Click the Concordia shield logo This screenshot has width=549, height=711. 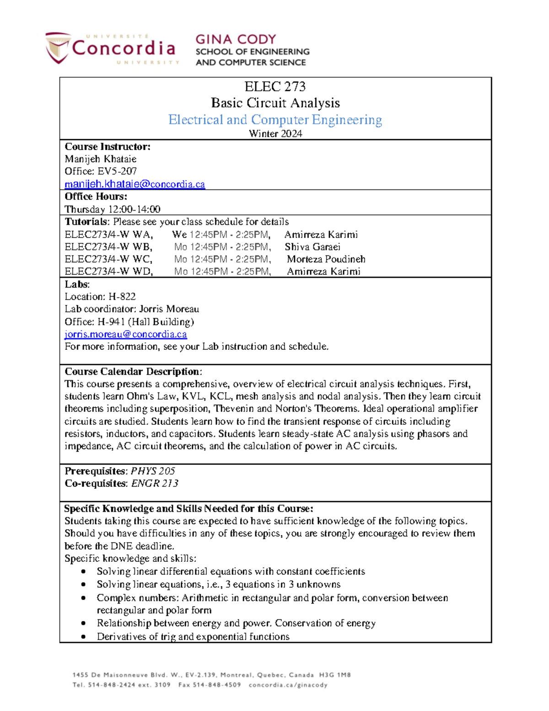pos(58,47)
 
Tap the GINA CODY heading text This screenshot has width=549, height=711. pos(236,39)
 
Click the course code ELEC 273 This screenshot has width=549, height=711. pos(275,87)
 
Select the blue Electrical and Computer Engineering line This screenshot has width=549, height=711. pos(275,120)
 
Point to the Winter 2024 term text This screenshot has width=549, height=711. pos(275,134)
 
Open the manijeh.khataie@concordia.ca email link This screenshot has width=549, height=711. pos(135,184)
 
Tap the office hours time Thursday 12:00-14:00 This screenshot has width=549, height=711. pos(112,209)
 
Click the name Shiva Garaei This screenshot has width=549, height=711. pos(312,247)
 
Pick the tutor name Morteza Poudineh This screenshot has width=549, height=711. pos(326,260)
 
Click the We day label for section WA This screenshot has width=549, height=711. pos(179,235)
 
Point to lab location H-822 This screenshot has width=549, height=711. pos(122,297)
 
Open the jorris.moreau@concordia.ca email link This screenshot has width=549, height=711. pos(125,334)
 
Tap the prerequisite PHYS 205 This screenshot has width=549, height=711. pos(153,471)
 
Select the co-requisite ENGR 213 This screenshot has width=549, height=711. pos(155,483)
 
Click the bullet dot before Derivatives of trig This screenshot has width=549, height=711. pos(83,636)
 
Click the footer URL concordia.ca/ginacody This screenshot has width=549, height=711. pos(288,685)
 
